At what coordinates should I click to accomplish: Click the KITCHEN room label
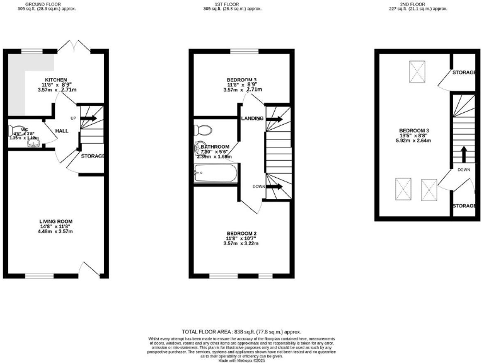55,80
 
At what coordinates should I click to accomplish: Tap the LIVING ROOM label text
56,221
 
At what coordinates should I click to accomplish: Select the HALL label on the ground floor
62,130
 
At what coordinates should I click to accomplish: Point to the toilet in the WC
15,131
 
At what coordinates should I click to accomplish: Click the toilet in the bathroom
204,130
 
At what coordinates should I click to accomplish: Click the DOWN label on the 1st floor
258,187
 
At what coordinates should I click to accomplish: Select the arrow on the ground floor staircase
89,118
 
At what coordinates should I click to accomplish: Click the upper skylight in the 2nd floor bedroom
416,70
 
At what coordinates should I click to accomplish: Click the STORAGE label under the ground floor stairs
93,156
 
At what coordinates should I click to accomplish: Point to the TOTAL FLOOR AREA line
241,331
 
